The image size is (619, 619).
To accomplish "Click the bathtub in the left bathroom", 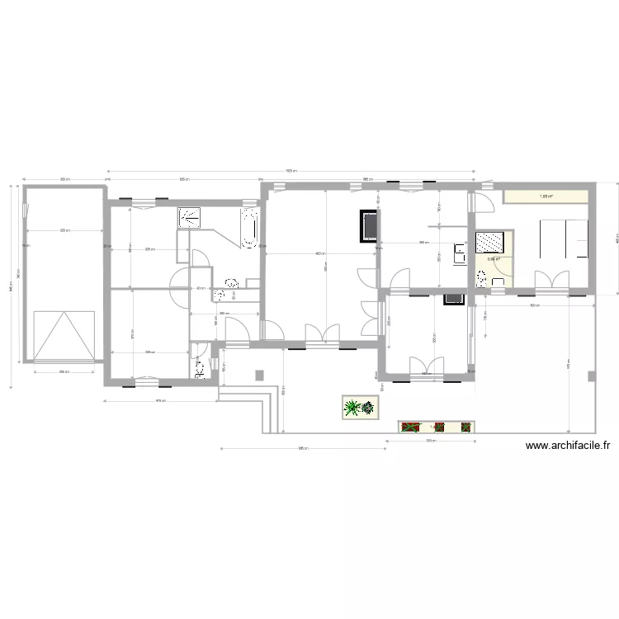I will pos(249,228).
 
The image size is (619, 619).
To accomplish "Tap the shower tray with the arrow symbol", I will pos(191,217).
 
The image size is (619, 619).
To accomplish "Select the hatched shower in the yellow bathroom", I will pos(494,242).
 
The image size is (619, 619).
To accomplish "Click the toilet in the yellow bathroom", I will pos(499,281).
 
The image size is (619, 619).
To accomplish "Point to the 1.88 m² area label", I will pos(546,196).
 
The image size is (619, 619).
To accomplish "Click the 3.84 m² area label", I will pos(494,260).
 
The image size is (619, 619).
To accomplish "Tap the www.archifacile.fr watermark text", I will pos(568,446).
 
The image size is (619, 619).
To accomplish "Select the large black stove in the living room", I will pos(368,226).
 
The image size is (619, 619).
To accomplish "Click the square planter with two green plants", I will pos(361,407).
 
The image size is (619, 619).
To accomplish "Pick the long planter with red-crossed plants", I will pos(437,427).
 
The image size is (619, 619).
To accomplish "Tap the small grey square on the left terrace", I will pos(261,375).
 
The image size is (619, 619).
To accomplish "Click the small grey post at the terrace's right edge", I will pos(591,376).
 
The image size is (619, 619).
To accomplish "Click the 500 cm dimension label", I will pos(534,306).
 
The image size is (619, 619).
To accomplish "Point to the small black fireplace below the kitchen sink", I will pos(453,299).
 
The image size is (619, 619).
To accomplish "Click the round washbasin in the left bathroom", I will pos(220,294).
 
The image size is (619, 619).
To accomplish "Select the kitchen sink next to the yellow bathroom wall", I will pos(460,251).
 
